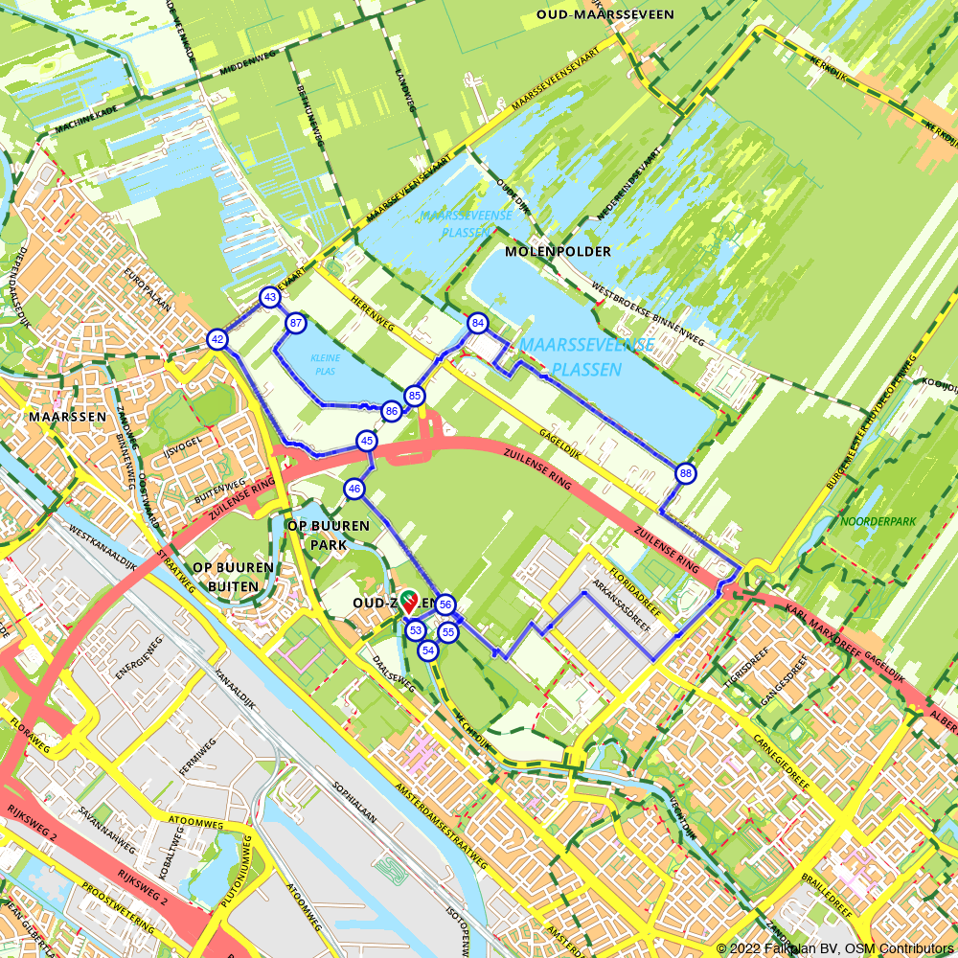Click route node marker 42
(217, 339)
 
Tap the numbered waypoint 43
(270, 298)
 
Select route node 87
(296, 324)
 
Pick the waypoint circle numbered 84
(477, 324)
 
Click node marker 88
(685, 473)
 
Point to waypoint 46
(354, 490)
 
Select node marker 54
(427, 650)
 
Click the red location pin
(408, 602)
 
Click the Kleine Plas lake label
(325, 363)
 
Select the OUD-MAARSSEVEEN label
(604, 14)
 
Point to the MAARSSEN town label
(59, 418)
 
